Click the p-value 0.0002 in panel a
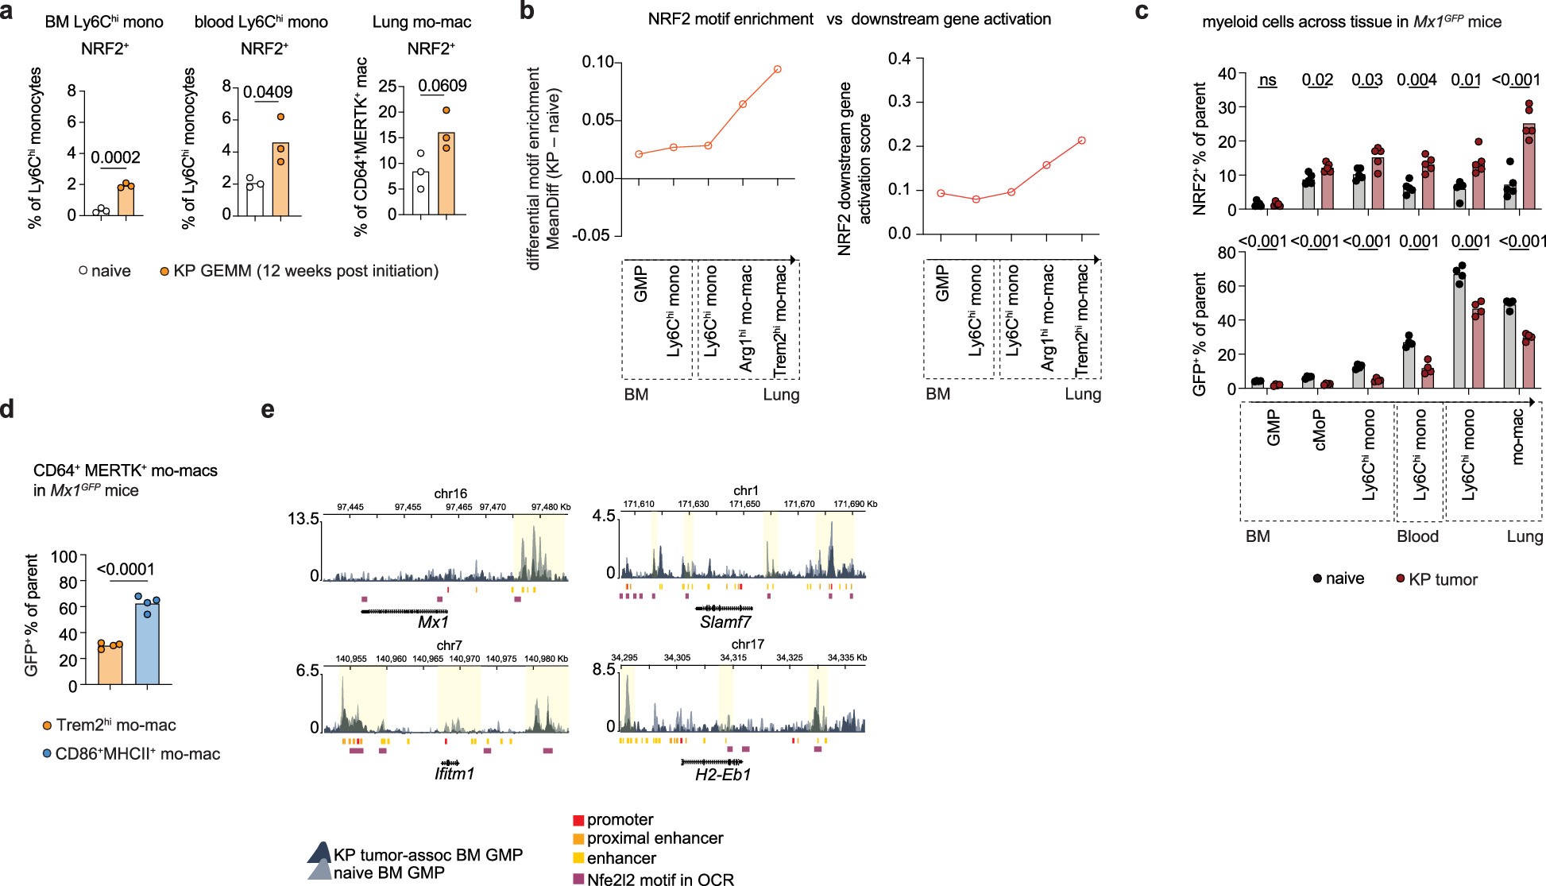[115, 157]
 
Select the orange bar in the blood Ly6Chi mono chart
[280, 179]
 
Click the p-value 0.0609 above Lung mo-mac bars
[443, 86]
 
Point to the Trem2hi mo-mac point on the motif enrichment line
[778, 69]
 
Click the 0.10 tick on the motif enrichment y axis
[597, 62]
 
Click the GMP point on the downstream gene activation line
[941, 193]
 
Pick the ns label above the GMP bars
[1268, 80]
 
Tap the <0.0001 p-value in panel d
[126, 569]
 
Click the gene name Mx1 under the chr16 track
[434, 623]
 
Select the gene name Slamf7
[725, 622]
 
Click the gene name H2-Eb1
[723, 774]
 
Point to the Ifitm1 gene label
[454, 773]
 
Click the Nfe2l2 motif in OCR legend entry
[659, 879]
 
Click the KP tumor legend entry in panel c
[1442, 579]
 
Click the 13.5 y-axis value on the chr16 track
[303, 519]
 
